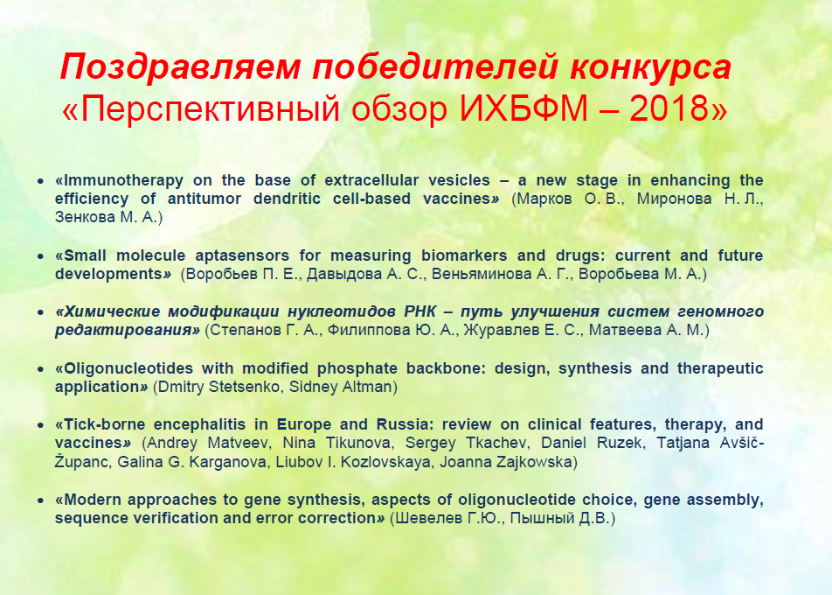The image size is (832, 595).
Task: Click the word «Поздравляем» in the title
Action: pos(180,67)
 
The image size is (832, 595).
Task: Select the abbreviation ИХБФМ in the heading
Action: pos(523,108)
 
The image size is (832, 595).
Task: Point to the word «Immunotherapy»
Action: pos(120,180)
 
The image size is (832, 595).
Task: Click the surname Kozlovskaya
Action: pos(385,462)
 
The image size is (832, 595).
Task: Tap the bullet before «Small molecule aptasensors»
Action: pos(41,256)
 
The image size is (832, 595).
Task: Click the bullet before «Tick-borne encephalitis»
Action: pos(41,425)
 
